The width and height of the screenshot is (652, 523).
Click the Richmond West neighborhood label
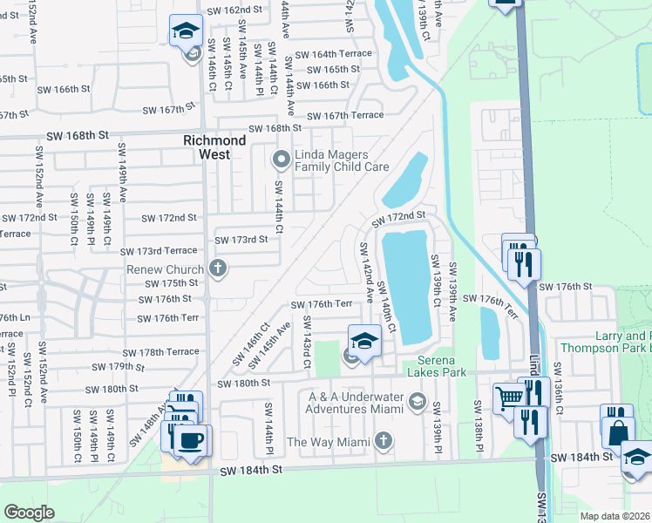point(214,146)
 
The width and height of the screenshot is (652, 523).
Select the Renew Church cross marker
point(219,268)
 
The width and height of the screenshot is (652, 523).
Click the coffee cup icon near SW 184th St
point(191,440)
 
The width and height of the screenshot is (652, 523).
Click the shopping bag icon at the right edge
point(617,433)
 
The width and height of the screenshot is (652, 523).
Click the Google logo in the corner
point(29,513)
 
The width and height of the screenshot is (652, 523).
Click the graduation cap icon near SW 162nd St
point(186,33)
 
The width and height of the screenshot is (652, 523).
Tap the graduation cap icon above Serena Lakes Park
point(365,341)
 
